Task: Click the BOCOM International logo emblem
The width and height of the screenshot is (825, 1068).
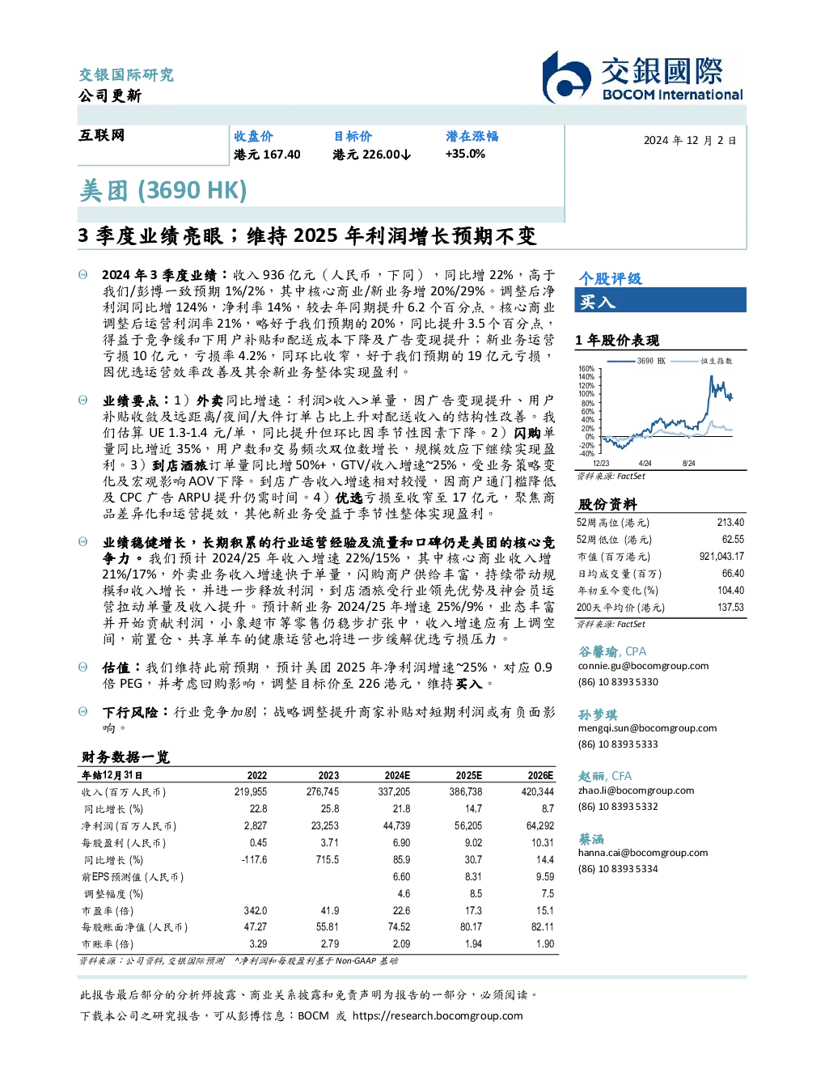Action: click(566, 77)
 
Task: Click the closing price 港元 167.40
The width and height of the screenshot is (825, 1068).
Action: click(267, 155)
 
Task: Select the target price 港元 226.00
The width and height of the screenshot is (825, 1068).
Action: click(371, 155)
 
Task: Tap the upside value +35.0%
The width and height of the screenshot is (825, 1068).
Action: click(465, 155)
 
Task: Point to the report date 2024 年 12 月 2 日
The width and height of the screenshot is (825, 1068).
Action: click(690, 141)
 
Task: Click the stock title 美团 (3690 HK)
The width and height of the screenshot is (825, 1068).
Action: click(163, 190)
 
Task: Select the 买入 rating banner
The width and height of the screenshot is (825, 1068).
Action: click(660, 300)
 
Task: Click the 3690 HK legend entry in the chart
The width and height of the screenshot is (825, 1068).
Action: click(636, 361)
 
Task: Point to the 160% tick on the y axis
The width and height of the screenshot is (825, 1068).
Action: click(586, 368)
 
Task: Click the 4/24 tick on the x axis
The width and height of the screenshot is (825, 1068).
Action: click(645, 463)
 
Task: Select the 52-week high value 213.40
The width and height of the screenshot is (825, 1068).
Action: click(730, 522)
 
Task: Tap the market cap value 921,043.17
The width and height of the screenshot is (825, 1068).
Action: click(721, 556)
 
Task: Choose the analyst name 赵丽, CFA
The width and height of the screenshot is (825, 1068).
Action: click(604, 776)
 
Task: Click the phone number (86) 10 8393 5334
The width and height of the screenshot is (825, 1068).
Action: click(618, 868)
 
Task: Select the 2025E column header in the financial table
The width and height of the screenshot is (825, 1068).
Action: click(469, 775)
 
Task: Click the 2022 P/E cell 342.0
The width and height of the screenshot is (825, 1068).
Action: click(256, 910)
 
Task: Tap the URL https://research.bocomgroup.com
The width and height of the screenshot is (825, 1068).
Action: click(438, 1016)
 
